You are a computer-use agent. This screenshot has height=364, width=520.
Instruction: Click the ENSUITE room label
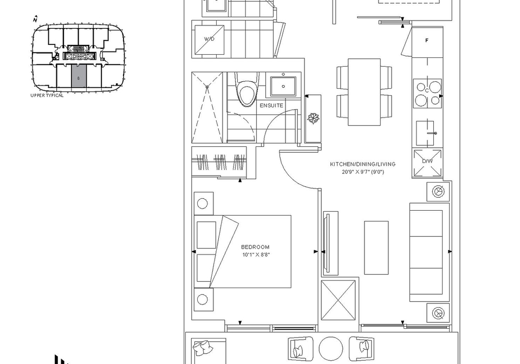271,106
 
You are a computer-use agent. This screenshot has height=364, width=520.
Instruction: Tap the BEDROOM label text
255,247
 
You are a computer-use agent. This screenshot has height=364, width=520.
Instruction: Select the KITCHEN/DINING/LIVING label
362,164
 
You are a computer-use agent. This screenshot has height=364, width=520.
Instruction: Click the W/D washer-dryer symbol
209,39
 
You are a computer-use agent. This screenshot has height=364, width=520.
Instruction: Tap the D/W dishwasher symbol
427,163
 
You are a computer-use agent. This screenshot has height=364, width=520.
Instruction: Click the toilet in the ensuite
246,90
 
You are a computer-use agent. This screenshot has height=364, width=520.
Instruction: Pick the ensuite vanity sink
283,86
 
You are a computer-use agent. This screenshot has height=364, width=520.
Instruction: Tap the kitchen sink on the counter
425,133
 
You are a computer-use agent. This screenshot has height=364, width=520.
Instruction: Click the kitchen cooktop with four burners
427,94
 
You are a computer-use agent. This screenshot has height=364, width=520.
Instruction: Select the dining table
364,92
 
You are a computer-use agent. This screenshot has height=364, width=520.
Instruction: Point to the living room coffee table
376,248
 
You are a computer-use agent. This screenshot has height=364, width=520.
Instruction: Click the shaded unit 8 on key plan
79,78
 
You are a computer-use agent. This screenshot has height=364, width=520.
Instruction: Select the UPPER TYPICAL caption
47,95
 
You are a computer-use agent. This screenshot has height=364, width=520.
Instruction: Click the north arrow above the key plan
36,19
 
